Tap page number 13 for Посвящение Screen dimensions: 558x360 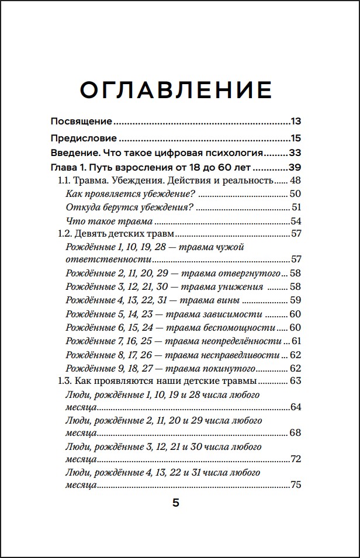[295, 122]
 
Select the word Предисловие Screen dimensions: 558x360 [84, 138]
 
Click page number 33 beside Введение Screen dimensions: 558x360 [295, 154]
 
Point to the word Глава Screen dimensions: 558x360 [64, 168]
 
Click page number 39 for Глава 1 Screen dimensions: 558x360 [295, 168]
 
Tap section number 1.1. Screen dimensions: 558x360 [64, 181]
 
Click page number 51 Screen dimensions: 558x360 [296, 207]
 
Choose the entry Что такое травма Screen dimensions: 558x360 [101, 221]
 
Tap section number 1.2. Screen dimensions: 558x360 [65, 234]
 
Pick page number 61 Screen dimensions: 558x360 [296, 341]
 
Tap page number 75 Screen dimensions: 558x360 [296, 484]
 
